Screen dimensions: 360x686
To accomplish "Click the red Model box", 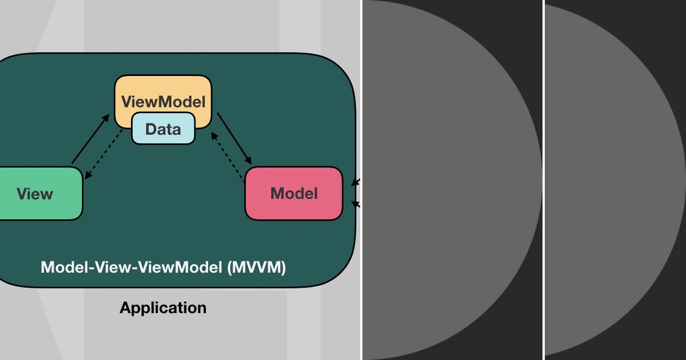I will point(294,193).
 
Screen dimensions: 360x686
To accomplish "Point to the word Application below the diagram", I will point(163,307).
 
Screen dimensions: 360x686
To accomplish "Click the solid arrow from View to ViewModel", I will point(89,139).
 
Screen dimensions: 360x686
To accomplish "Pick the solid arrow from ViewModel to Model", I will point(234,138).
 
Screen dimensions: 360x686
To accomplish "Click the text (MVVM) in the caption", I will point(253,267).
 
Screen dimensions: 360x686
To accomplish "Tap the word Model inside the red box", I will point(294,193).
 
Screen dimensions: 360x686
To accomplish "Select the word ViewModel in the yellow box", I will point(163,102).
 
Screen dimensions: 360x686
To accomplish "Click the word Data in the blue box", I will point(163,129).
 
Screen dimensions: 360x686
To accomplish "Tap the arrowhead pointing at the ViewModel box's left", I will point(106,117).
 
